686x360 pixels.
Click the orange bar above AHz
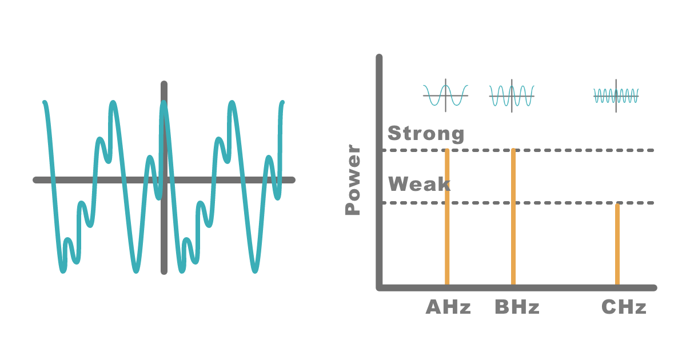pyautogui.click(x=447, y=217)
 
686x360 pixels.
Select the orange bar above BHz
pyautogui.click(x=513, y=217)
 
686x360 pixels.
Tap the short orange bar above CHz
pyautogui.click(x=617, y=245)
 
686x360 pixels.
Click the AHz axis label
pyautogui.click(x=448, y=307)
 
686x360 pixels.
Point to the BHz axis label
pyautogui.click(x=517, y=307)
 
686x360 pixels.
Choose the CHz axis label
pyautogui.click(x=624, y=307)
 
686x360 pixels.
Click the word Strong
pyautogui.click(x=426, y=134)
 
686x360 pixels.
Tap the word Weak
pyautogui.click(x=419, y=184)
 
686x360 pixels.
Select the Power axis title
pyautogui.click(x=353, y=179)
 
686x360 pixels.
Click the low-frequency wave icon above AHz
pyautogui.click(x=445, y=95)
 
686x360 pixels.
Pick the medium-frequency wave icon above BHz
pyautogui.click(x=512, y=96)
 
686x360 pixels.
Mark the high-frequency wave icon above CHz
pyautogui.click(x=616, y=96)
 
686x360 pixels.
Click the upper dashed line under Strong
pyautogui.click(x=518, y=150)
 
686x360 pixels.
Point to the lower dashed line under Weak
pyautogui.click(x=518, y=203)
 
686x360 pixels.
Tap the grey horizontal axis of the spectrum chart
pyautogui.click(x=517, y=288)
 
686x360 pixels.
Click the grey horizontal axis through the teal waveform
pyautogui.click(x=164, y=180)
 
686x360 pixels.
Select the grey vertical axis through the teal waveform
pyautogui.click(x=164, y=178)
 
